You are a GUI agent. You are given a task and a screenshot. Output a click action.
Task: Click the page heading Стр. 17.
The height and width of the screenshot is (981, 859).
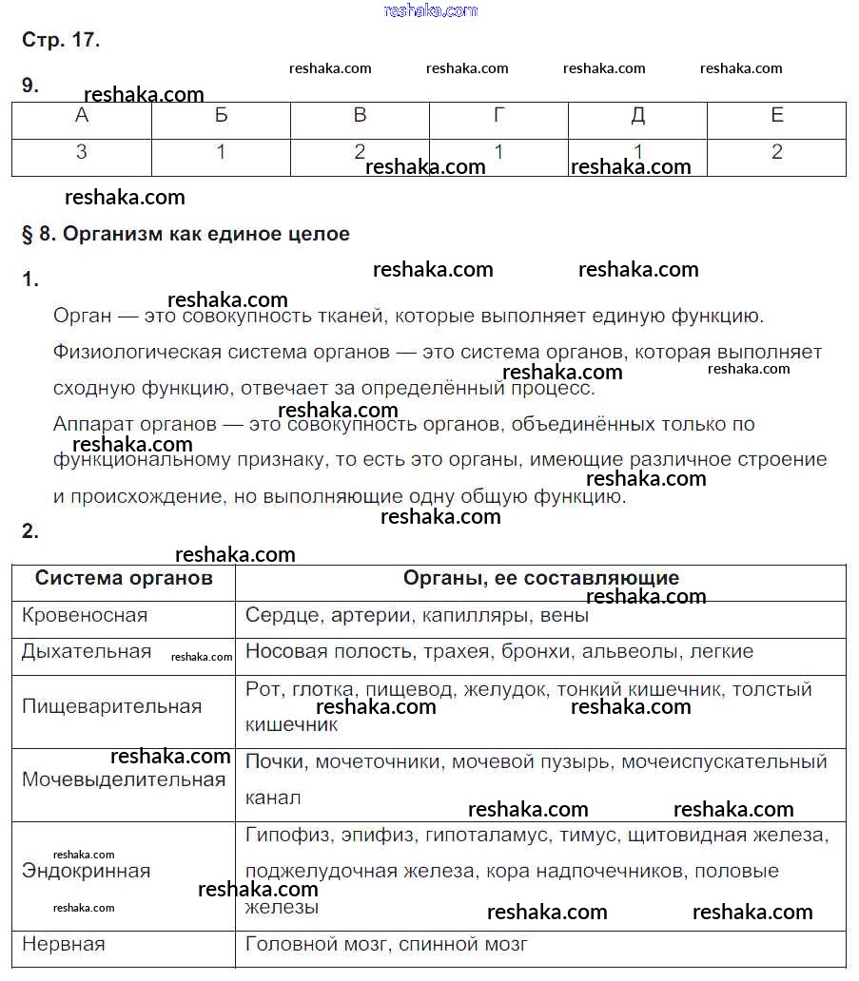click(x=60, y=40)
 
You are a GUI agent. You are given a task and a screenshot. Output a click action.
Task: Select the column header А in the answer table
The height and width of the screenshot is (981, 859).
click(x=82, y=116)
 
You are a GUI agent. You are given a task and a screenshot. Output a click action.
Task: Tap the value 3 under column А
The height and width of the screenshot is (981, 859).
click(x=82, y=152)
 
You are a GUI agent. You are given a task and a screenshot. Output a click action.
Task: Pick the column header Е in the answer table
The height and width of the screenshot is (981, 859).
click(x=777, y=116)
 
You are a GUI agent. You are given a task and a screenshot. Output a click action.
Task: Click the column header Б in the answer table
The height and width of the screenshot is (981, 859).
click(x=222, y=116)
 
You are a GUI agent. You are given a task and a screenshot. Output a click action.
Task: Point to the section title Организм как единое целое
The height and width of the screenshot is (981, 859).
click(x=206, y=234)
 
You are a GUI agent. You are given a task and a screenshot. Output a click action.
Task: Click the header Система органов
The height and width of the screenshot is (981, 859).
click(x=124, y=578)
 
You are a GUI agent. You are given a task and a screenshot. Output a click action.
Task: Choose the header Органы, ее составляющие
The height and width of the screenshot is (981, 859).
click(x=540, y=578)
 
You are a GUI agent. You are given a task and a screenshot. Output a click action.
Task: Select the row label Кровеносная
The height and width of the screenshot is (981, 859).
click(x=85, y=615)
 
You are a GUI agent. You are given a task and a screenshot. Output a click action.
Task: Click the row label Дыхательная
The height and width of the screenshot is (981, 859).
click(x=87, y=651)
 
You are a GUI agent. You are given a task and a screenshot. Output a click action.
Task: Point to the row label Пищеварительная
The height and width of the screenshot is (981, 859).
click(x=111, y=706)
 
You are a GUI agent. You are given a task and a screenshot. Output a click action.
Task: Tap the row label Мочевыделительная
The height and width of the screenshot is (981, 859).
click(x=124, y=779)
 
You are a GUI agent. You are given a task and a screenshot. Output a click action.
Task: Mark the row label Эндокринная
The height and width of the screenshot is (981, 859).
click(x=86, y=871)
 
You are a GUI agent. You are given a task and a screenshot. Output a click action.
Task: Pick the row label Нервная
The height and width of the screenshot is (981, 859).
click(x=63, y=944)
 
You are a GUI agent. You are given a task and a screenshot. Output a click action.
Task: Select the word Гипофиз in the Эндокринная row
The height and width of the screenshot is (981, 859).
click(x=283, y=835)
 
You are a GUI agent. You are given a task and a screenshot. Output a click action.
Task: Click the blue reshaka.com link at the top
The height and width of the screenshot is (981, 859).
click(x=430, y=10)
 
